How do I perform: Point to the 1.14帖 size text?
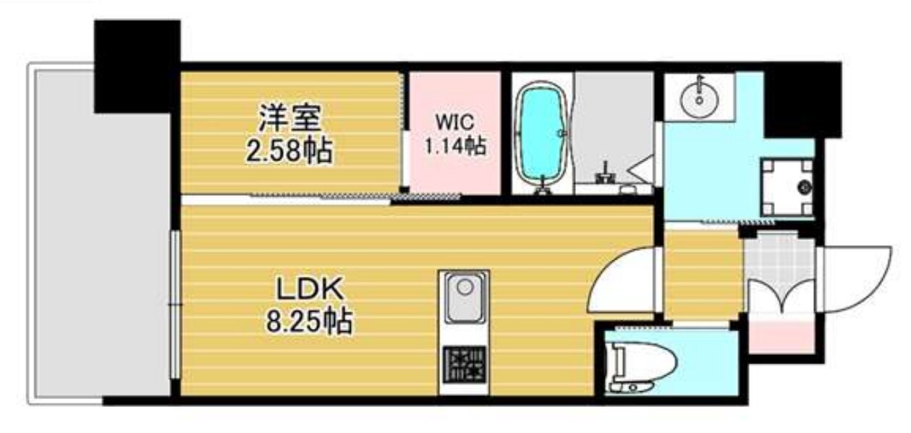454,146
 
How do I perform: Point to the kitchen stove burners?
463,366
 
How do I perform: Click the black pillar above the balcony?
137,65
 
